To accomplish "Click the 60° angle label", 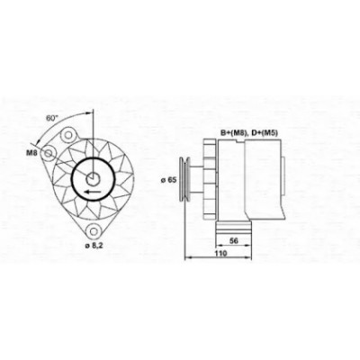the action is (51, 118).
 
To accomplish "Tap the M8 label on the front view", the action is (31, 153).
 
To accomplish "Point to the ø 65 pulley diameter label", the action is (168, 180).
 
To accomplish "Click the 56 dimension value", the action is (233, 240).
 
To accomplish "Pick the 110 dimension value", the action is (220, 253).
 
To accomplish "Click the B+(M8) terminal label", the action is (234, 133).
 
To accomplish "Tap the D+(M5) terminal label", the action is (265, 133).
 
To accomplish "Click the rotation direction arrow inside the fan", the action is (92, 192).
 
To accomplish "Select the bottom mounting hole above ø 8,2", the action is (94, 231).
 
